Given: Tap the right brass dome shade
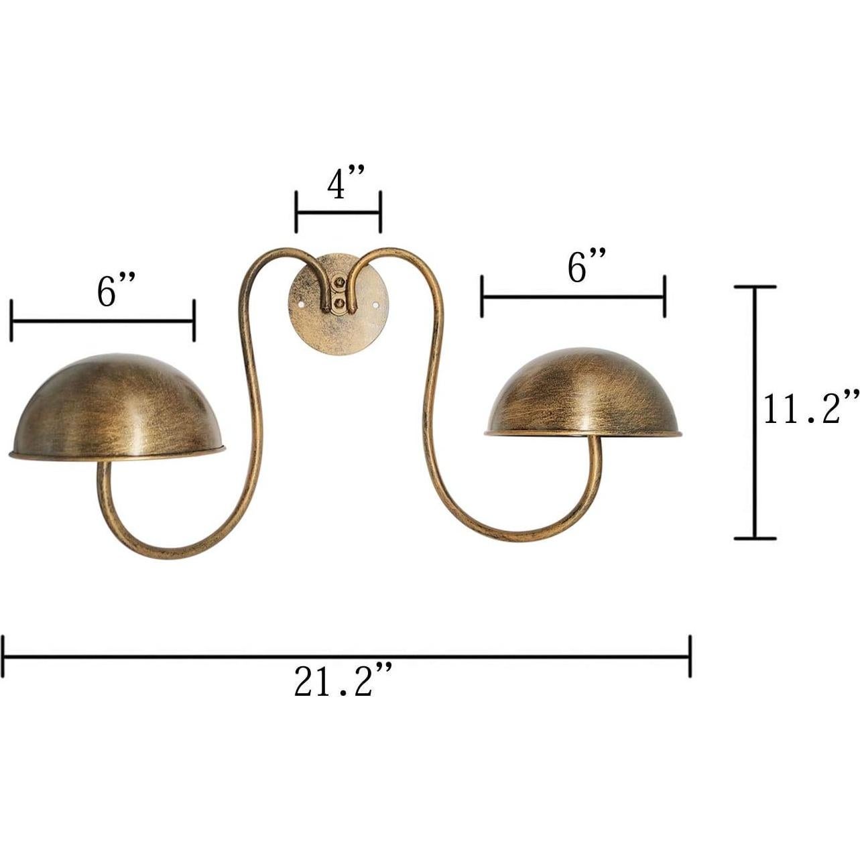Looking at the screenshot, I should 583,395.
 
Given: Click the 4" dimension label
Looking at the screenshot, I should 345,184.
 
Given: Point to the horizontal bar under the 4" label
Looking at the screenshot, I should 339,212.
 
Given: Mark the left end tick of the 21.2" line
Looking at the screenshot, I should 4,656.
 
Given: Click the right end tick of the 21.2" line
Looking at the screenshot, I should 690,656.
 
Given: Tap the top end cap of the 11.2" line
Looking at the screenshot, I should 755,287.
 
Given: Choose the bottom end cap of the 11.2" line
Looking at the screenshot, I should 755,538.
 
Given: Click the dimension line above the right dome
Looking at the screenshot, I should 573,296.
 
